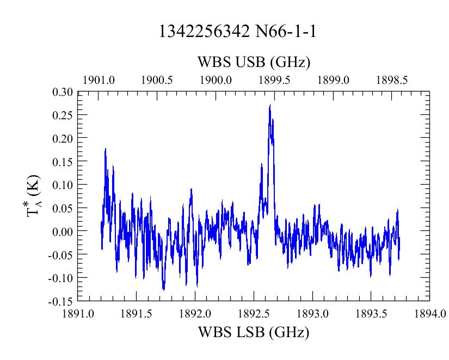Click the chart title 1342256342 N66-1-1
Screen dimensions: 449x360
click(x=237, y=31)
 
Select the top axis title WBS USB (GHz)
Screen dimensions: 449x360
click(x=254, y=62)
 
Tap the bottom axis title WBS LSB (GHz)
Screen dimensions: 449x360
click(x=254, y=332)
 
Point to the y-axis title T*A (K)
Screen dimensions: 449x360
click(x=34, y=196)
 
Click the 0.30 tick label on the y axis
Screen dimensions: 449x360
click(x=63, y=92)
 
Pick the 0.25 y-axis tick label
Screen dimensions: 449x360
click(x=63, y=115)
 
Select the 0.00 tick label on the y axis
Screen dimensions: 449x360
click(x=63, y=231)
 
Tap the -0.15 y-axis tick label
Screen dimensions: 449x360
click(x=61, y=301)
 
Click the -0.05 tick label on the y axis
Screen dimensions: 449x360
click(x=61, y=254)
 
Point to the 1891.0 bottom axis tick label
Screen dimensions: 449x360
click(x=78, y=314)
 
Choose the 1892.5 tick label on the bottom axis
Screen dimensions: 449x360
click(x=254, y=314)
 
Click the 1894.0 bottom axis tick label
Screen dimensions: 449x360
click(x=430, y=314)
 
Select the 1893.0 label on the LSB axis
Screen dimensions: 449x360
click(x=313, y=314)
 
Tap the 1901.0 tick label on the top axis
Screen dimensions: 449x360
click(x=99, y=80)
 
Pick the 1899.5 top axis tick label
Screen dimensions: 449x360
click(x=274, y=80)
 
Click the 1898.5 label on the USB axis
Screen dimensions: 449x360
click(x=392, y=80)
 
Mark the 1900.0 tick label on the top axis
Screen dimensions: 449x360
click(x=216, y=80)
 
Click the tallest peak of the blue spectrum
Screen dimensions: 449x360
click(x=270, y=105)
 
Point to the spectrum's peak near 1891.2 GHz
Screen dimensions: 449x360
click(x=106, y=149)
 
